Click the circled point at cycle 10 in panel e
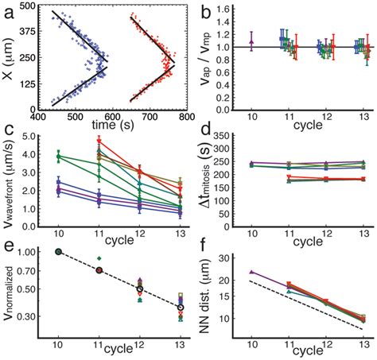tap(57, 252)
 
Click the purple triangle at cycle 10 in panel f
tap(252, 272)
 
